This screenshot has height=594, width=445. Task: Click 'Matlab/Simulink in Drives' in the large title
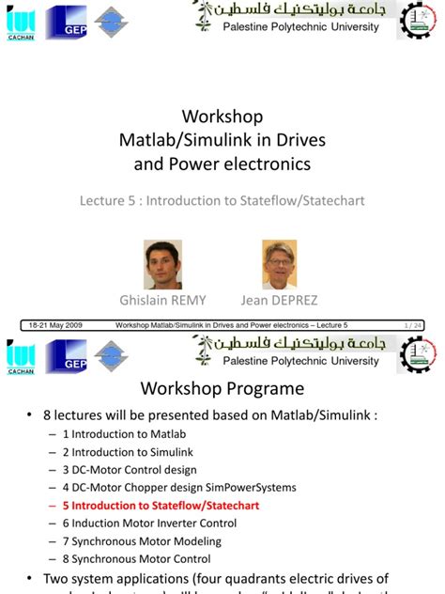pos(222,141)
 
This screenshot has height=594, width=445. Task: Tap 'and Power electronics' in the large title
pos(222,165)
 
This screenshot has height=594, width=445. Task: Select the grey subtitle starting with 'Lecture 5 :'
pos(222,201)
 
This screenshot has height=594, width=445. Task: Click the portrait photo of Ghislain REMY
pos(162,264)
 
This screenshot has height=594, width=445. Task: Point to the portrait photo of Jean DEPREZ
pos(281,264)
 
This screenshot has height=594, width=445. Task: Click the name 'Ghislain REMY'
pos(162,301)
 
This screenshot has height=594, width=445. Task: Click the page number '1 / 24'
pos(411,325)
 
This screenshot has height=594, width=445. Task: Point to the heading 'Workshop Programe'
pos(222,388)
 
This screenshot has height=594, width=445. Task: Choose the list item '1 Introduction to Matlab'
pos(124,434)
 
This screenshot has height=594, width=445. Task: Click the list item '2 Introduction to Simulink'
pos(130,452)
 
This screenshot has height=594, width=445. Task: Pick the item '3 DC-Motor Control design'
pos(130,470)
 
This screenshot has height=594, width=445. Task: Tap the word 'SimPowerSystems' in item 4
pos(255,488)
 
